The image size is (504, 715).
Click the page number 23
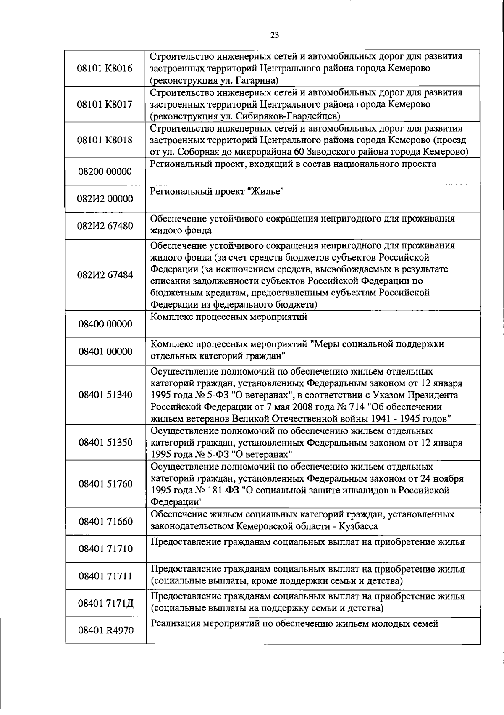click(274, 35)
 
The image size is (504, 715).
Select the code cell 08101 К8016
click(105, 69)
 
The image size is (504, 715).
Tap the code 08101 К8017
click(105, 104)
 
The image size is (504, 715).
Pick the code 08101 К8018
click(105, 140)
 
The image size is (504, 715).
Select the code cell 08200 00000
click(105, 171)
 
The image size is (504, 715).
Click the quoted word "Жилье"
click(266, 192)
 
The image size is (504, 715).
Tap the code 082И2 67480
click(105, 226)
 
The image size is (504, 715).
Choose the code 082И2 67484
click(105, 275)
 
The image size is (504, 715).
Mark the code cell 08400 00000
click(105, 324)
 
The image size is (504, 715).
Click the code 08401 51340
click(105, 395)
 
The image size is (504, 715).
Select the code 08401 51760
click(105, 484)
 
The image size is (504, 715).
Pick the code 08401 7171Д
click(105, 604)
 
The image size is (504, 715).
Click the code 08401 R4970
click(105, 631)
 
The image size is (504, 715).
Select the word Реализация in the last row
click(175, 624)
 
